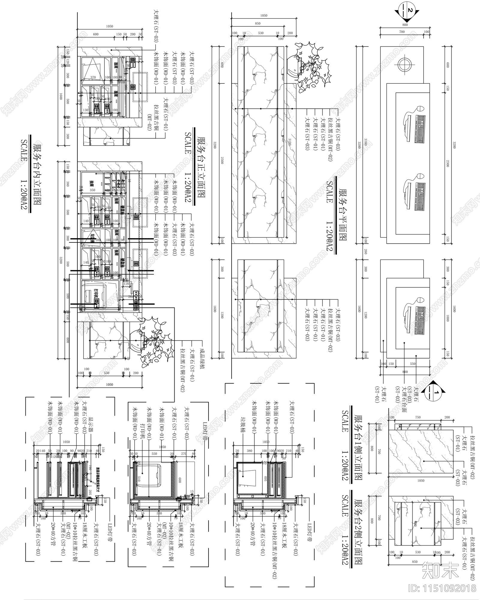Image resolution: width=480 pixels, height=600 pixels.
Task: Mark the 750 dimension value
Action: [x=418, y=417]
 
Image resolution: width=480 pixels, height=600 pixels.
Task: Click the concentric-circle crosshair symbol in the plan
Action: [x=405, y=64]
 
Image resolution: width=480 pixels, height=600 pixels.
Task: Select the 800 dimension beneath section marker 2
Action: [x=405, y=25]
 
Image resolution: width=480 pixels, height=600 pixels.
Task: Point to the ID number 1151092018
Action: [x=443, y=588]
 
